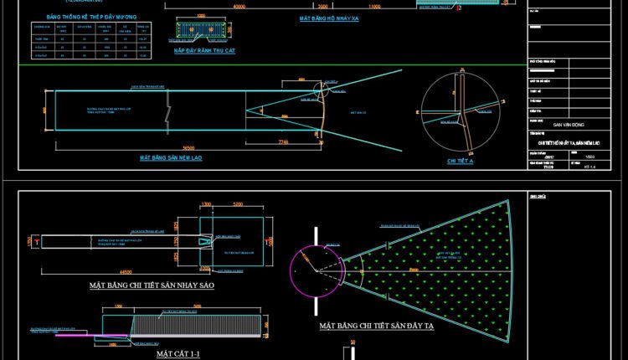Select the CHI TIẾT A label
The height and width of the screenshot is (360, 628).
tap(461, 160)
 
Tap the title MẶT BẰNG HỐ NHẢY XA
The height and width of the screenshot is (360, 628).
tap(330, 18)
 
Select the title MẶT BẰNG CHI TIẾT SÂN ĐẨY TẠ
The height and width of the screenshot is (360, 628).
tap(378, 326)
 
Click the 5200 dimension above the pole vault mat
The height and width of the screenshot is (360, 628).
tap(238, 204)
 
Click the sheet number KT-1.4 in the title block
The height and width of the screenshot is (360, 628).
tap(589, 167)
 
